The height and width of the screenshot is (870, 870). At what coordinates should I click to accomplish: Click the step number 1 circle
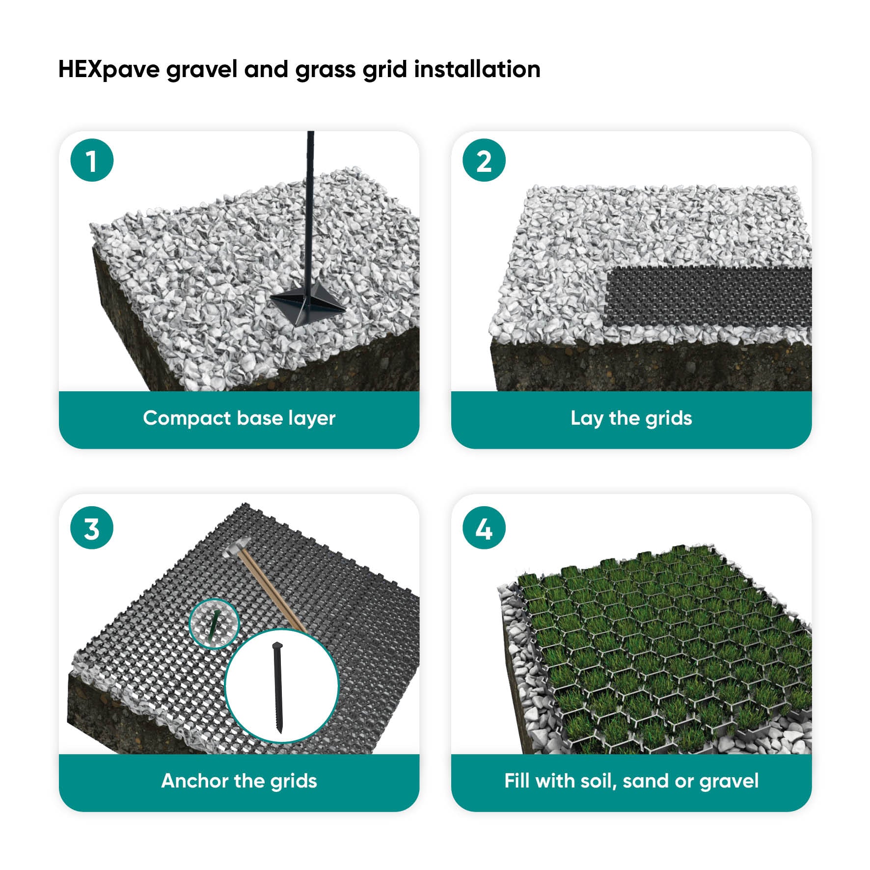pos(92,161)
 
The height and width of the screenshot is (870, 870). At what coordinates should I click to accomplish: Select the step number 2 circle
pos(484,161)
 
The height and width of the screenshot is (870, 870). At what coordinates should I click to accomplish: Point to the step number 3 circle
pos(92,528)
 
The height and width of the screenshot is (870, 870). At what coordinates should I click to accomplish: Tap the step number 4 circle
pos(484,528)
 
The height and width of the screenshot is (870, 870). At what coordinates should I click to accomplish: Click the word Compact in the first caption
pos(187,418)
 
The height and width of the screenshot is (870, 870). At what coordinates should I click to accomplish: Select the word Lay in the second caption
pos(587,418)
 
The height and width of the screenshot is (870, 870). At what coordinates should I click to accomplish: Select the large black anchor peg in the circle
pos(278,688)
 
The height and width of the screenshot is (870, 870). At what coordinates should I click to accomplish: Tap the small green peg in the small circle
pos(214,623)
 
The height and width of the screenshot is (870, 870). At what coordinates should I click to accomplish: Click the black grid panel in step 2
pos(709,297)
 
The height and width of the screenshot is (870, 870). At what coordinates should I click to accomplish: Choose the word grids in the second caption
pos(669,419)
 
